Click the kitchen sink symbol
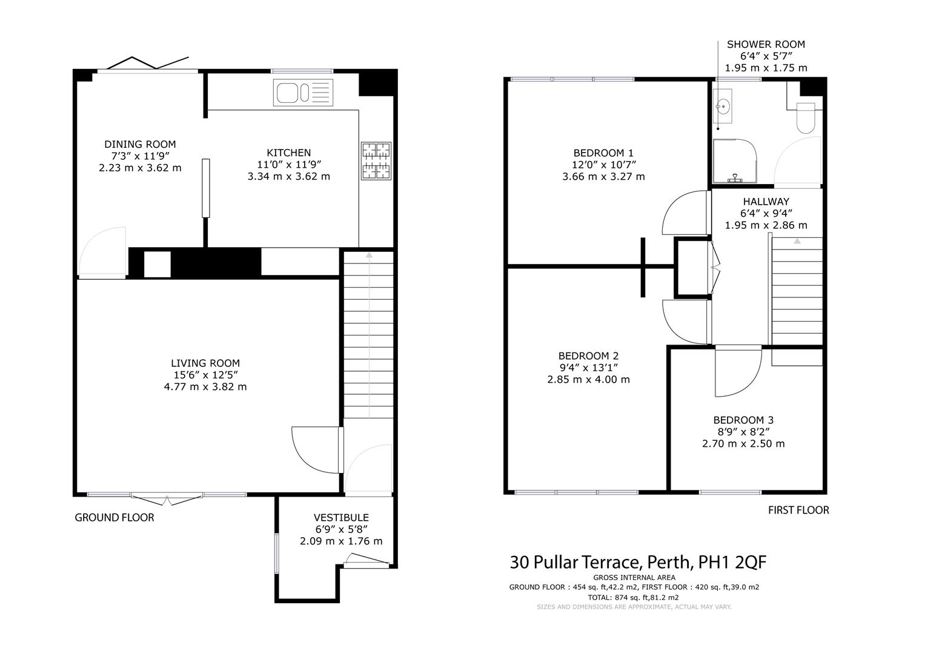click(x=302, y=93)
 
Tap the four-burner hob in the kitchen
click(x=376, y=161)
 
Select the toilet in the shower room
click(x=806, y=117)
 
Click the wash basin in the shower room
click(x=722, y=106)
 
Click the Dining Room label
click(x=140, y=144)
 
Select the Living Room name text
click(x=205, y=363)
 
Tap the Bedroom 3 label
click(x=743, y=420)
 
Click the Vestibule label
click(x=341, y=518)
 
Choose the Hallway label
click(x=766, y=202)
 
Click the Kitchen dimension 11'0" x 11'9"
click(x=289, y=165)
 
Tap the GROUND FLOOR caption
click(x=114, y=518)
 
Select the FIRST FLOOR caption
click(x=798, y=510)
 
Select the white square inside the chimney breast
click(x=157, y=264)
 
